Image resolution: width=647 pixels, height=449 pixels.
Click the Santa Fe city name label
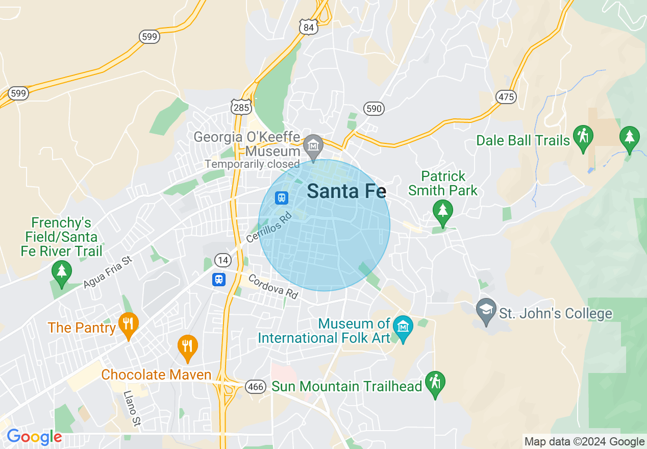click(346, 191)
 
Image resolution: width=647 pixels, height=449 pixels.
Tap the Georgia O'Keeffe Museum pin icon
click(313, 146)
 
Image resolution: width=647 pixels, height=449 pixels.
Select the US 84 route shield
click(309, 27)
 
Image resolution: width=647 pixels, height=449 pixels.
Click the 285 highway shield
click(240, 107)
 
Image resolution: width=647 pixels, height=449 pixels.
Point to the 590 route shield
click(374, 108)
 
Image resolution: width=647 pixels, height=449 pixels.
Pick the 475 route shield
click(506, 96)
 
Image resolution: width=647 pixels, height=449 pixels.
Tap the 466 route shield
click(255, 386)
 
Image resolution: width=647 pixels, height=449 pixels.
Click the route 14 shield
click(222, 260)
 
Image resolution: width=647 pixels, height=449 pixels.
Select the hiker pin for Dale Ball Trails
click(583, 137)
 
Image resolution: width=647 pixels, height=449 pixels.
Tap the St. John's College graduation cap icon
click(486, 310)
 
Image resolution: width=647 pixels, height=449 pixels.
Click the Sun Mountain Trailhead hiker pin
click(435, 382)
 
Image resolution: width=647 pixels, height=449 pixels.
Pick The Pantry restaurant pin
click(128, 324)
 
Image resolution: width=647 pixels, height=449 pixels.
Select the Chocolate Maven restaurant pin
click(188, 346)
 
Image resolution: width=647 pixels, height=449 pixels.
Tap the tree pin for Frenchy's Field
click(62, 271)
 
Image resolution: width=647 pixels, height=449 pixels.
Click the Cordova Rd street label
click(273, 287)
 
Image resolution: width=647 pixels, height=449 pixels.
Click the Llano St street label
click(132, 409)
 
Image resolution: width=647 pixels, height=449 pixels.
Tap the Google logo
click(34, 437)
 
